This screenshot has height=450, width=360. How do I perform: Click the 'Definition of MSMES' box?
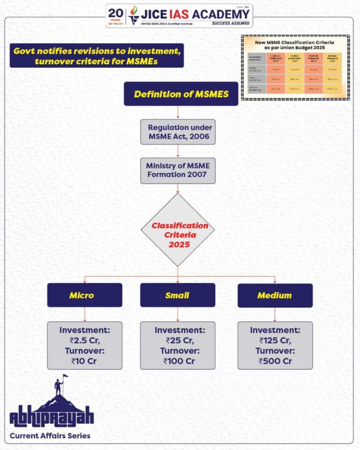[181, 94]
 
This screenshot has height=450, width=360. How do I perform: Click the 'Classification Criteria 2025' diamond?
[178, 230]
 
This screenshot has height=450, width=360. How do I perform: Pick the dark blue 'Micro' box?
[84, 295]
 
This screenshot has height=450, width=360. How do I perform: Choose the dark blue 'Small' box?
[178, 295]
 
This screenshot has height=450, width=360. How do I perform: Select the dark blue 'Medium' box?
[275, 295]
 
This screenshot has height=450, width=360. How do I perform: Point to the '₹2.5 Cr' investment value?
[84, 341]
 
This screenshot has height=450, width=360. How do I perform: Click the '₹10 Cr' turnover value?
[84, 361]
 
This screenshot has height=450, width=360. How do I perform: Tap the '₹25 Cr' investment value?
[178, 341]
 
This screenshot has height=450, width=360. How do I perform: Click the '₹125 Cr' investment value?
[275, 341]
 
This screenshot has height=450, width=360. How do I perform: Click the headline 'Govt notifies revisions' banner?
[96, 56]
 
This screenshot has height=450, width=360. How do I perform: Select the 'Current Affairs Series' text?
[50, 436]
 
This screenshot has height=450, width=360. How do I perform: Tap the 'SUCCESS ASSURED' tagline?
[231, 22]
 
